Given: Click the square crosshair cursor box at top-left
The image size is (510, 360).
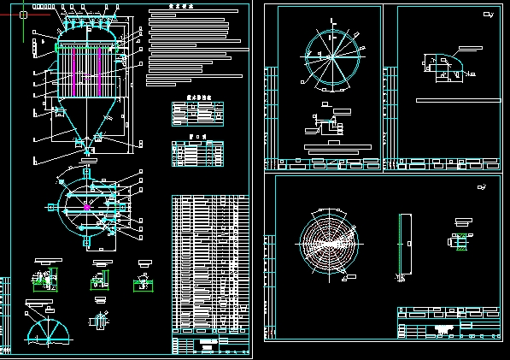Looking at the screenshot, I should tap(23, 14).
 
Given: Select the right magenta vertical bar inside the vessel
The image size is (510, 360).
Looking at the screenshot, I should tap(101, 69).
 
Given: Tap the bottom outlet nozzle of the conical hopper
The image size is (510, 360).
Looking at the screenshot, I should tap(88, 150).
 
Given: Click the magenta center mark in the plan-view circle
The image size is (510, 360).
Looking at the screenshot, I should tap(87, 206).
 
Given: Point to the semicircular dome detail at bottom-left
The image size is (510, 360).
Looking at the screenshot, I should tap(50, 328).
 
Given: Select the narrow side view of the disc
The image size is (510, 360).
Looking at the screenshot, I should tap(401, 245).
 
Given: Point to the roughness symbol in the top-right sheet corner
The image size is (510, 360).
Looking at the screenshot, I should tap(486, 15).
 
